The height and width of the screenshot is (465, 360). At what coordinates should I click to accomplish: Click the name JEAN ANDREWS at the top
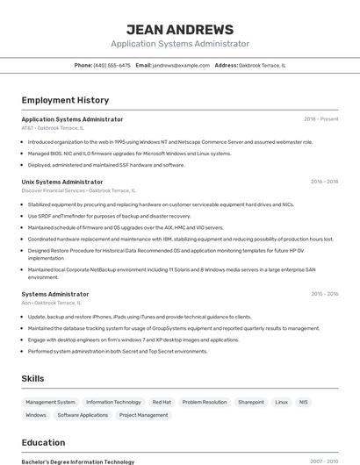(x=179, y=29)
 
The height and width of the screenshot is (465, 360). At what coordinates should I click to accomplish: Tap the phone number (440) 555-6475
(x=112, y=65)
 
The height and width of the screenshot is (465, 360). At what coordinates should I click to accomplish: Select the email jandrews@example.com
(x=181, y=65)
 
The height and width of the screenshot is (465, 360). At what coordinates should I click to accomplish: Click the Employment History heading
(x=65, y=100)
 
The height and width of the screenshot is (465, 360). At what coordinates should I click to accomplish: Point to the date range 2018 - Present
(x=320, y=119)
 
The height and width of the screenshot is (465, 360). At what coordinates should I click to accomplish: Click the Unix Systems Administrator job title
(x=62, y=182)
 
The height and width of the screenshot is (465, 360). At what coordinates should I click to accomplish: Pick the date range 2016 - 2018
(x=324, y=182)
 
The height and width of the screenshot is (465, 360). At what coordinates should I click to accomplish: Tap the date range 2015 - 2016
(x=324, y=294)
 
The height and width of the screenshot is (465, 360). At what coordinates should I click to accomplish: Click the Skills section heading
(x=32, y=378)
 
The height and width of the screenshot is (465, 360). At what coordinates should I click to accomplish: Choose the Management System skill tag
(x=50, y=402)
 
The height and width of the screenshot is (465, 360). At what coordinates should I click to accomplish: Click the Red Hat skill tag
(x=162, y=402)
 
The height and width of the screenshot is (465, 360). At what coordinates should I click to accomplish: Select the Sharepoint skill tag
(x=250, y=402)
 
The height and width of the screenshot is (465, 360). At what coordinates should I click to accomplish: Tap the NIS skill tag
(x=304, y=402)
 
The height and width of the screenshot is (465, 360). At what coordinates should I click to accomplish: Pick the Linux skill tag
(x=281, y=402)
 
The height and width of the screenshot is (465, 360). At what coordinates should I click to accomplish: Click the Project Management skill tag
(x=143, y=415)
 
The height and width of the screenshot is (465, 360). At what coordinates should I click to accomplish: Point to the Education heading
(x=43, y=443)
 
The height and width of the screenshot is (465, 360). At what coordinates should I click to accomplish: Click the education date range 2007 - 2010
(x=324, y=461)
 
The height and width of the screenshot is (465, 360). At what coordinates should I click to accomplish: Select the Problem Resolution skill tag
(x=205, y=402)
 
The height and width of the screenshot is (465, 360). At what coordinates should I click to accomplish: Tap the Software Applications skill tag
(x=83, y=415)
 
